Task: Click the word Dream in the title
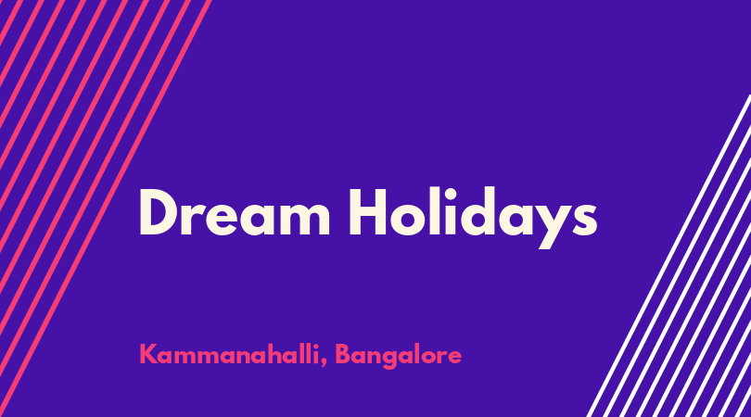pos(235,211)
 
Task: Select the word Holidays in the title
pos(473,218)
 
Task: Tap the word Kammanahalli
pos(229,354)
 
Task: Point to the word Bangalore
pos(398,356)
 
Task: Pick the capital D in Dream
pos(159,212)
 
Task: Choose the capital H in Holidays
pos(368,212)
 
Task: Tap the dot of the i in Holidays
pos(451,193)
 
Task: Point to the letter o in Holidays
pos(409,219)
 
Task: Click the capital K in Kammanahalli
pos(148,354)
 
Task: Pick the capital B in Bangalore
pos(343,354)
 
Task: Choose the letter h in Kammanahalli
pos(273,353)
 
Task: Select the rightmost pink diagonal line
pos(105,208)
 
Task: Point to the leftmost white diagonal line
pos(668,256)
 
